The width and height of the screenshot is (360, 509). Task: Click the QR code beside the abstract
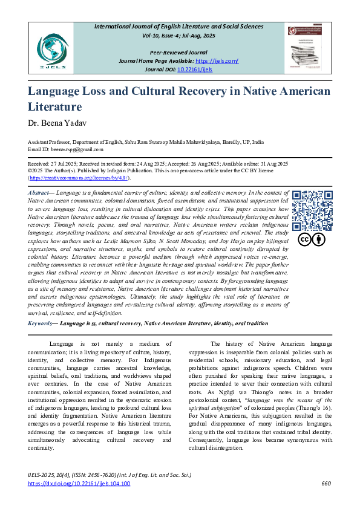click(x=312, y=210)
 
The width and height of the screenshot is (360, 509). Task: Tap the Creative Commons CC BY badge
click(x=312, y=240)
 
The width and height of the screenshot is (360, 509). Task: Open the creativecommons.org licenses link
click(x=79, y=178)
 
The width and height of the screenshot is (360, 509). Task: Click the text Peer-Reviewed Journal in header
click(x=180, y=53)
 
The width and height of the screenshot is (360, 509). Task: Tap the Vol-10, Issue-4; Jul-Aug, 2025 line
click(x=180, y=36)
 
